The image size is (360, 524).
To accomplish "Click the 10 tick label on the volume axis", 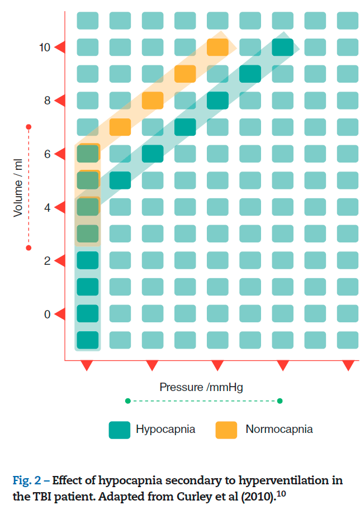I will (45, 47).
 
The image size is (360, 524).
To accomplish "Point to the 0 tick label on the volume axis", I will (48, 315).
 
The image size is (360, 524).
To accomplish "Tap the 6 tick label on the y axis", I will (48, 154).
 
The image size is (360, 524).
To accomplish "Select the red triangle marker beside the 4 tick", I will (60, 208).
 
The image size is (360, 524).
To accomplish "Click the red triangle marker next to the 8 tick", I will (60, 101).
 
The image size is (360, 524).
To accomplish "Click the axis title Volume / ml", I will (18, 187).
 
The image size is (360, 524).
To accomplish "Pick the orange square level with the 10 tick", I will (217, 47).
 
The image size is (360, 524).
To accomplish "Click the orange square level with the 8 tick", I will (152, 101).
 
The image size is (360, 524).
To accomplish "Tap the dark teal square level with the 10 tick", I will (283, 47).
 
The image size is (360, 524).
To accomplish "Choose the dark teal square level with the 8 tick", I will (217, 101).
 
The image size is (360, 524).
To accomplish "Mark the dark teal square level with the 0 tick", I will (87, 313).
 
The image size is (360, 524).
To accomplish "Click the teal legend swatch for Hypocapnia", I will (120, 430).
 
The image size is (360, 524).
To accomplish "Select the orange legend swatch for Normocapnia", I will (226, 430).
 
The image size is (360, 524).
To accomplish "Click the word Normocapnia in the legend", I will (279, 430).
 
